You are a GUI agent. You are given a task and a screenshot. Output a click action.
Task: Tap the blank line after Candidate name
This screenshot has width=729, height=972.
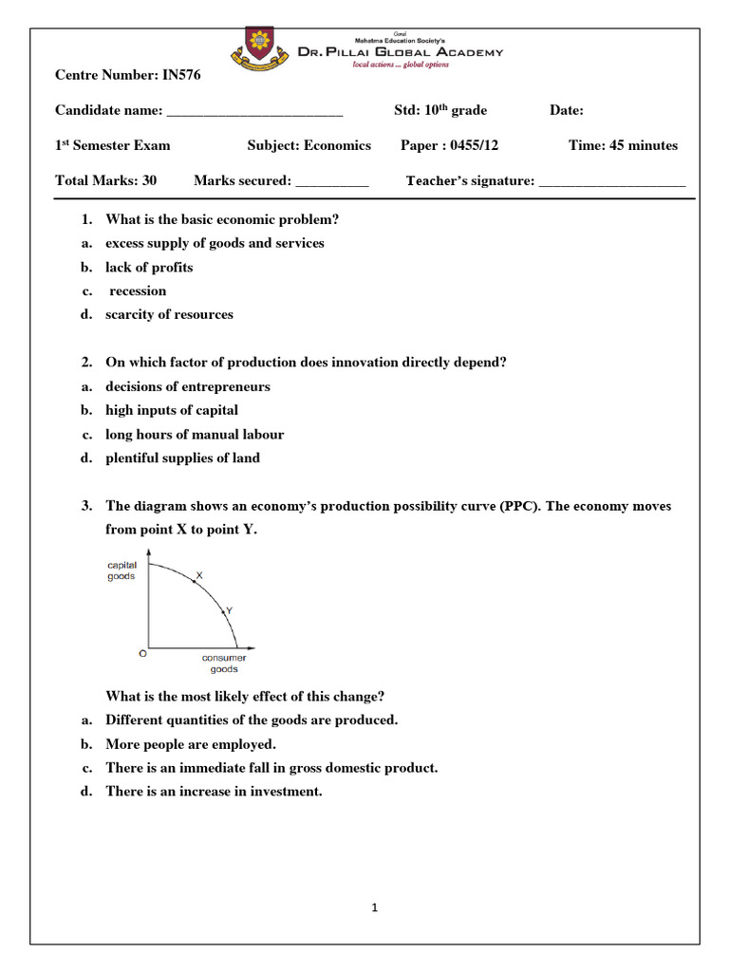pyautogui.click(x=254, y=111)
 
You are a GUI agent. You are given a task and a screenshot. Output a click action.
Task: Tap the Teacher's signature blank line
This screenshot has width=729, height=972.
pyautogui.click(x=611, y=180)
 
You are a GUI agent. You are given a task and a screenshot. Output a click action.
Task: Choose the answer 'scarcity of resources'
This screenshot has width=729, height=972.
pyautogui.click(x=169, y=314)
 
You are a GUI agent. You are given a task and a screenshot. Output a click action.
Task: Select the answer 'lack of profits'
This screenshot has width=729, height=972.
pyautogui.click(x=149, y=267)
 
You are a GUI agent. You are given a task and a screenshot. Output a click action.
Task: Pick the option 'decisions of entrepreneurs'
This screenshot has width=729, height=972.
pyautogui.click(x=188, y=386)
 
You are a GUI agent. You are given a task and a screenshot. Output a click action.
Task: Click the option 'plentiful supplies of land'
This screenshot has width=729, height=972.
pyautogui.click(x=182, y=458)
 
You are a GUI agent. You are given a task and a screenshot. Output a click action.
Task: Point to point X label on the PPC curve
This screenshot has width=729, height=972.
pyautogui.click(x=198, y=575)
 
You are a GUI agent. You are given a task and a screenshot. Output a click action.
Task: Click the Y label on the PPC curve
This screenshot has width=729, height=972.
pyautogui.click(x=229, y=610)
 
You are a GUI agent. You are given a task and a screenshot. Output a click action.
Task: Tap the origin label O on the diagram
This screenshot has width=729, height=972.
pyautogui.click(x=143, y=653)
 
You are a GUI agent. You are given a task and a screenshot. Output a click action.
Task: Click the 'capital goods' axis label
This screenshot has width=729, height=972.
pyautogui.click(x=121, y=570)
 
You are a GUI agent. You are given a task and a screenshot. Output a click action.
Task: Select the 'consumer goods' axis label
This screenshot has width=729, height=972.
pyautogui.click(x=224, y=663)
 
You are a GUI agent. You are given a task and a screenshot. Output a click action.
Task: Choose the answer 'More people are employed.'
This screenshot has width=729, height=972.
pyautogui.click(x=191, y=744)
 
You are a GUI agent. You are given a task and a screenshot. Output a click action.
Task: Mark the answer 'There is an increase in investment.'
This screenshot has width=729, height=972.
pyautogui.click(x=214, y=792)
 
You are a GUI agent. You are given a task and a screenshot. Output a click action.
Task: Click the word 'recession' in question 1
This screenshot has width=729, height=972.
pyautogui.click(x=139, y=290)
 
